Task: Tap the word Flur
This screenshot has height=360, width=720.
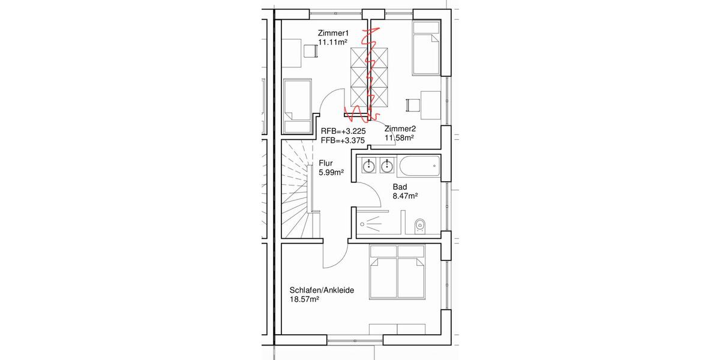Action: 326,163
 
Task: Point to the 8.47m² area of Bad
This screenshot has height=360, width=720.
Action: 406,196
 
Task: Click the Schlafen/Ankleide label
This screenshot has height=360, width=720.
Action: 321,290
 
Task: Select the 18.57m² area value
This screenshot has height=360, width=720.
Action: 304,299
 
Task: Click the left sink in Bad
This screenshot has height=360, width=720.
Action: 370,164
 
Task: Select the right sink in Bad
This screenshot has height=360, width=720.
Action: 388,164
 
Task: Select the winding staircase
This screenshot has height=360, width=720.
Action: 294,189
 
